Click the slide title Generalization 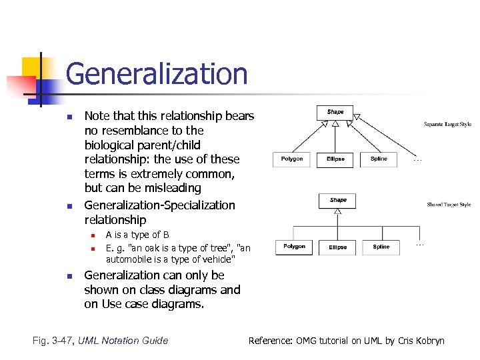coord(157,74)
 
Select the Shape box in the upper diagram coord(335,112)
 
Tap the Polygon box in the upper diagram coord(291,159)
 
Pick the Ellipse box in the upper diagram coord(335,159)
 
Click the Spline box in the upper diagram coord(379,159)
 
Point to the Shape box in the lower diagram coord(338,200)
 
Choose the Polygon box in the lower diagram coord(294,247)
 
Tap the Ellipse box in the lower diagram coord(337,247)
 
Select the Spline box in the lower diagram coord(381,247)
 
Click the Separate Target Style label coord(447,124)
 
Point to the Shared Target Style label coord(449,205)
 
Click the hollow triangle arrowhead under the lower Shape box coord(338,213)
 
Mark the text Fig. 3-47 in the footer coord(53,341)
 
